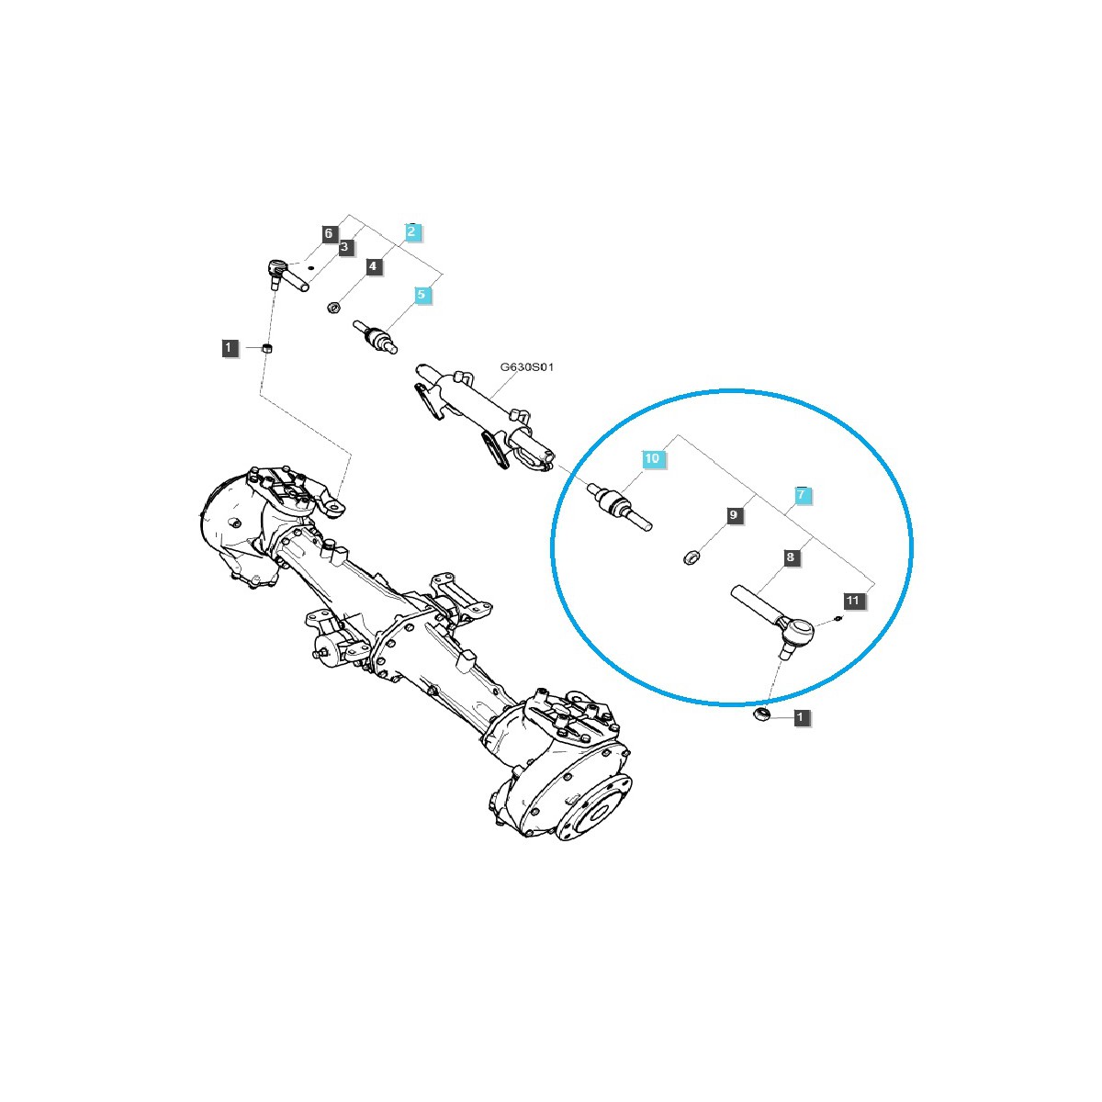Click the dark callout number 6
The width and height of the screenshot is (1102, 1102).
click(x=328, y=233)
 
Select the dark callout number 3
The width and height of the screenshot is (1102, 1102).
click(x=344, y=247)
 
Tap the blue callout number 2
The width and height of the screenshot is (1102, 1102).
click(x=411, y=231)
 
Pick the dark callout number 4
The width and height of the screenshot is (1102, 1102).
click(x=373, y=266)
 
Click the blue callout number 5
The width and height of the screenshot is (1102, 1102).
click(x=422, y=295)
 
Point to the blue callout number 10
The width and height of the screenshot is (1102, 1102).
click(x=652, y=458)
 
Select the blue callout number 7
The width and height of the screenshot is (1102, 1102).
click(x=801, y=494)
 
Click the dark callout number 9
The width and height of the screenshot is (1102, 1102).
click(x=734, y=515)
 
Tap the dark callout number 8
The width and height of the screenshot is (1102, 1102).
click(x=791, y=557)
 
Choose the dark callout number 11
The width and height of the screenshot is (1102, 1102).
click(x=852, y=601)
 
